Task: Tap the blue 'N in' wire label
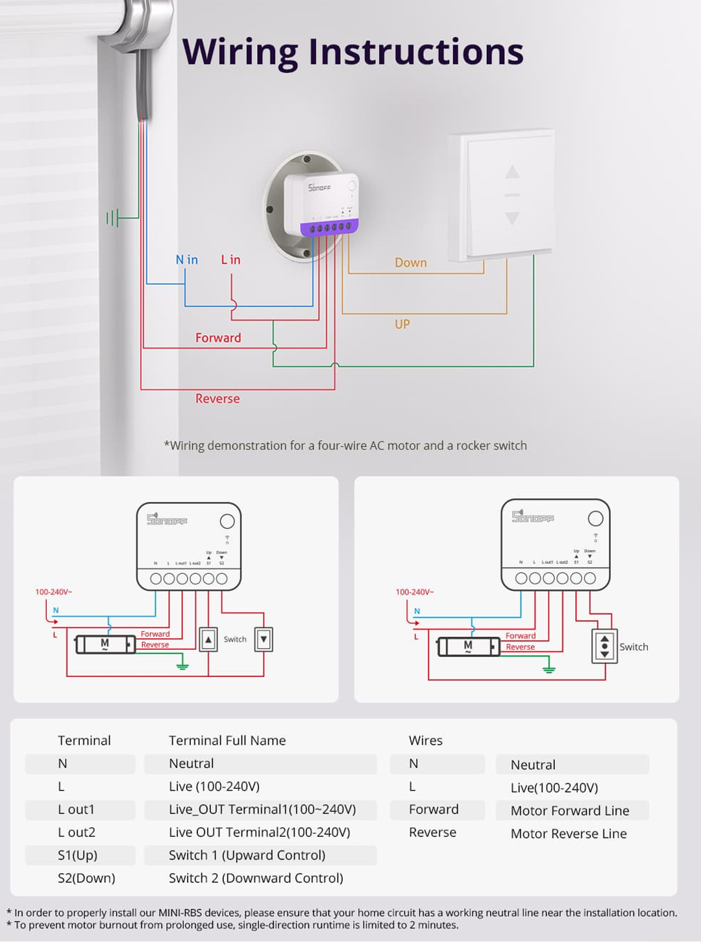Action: pos(187,260)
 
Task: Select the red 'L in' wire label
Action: pos(230,260)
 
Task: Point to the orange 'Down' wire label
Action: pos(411,263)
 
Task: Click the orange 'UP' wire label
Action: pos(402,324)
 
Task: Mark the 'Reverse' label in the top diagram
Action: pos(217,399)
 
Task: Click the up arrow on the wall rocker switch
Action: pos(512,172)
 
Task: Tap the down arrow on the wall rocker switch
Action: pos(512,218)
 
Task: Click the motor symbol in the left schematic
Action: pos(105,644)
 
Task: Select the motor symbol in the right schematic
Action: pos(468,647)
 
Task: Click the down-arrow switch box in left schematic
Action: pos(264,639)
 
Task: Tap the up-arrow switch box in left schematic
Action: pos(208,639)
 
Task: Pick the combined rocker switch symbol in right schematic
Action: pos(605,646)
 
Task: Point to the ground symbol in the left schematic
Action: pos(182,665)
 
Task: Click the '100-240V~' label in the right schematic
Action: pos(415,592)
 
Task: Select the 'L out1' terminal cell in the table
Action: pos(77,810)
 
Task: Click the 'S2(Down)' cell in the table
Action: pos(86,878)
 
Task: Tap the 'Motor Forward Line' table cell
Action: pos(570,811)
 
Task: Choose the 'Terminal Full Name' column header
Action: pos(227,741)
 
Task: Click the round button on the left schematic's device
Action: pos(227,521)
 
